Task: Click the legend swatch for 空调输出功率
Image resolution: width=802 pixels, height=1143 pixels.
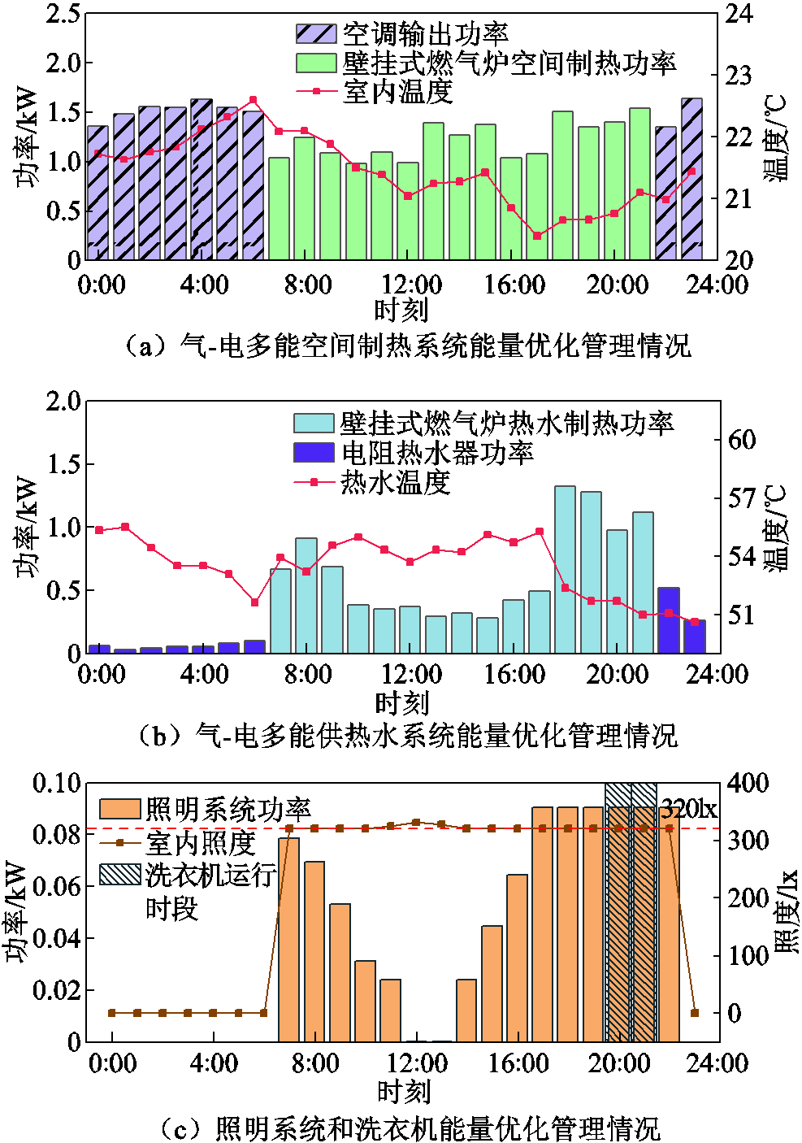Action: tap(315, 33)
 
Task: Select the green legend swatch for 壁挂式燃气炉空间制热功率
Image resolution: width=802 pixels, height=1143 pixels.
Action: tap(315, 63)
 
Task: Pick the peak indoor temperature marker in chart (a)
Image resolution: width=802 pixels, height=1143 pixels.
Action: tap(254, 100)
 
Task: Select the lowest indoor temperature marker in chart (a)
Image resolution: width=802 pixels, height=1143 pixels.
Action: tap(537, 236)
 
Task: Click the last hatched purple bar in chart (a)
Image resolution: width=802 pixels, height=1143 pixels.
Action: tap(691, 179)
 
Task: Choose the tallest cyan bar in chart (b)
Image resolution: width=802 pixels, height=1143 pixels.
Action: tap(565, 569)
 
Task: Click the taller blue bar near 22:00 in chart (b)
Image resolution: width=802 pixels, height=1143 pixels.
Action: tap(669, 619)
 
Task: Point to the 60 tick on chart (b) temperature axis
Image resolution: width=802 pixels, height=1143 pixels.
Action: tap(742, 440)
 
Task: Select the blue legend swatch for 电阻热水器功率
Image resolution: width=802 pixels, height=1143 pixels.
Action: tap(314, 452)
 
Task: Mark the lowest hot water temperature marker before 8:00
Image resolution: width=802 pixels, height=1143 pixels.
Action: tap(255, 602)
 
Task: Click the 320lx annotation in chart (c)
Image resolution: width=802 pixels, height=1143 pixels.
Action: tap(688, 809)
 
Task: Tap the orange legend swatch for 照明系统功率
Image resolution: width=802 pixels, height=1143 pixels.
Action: tap(120, 809)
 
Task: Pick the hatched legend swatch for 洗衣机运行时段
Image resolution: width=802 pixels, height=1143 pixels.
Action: tap(120, 874)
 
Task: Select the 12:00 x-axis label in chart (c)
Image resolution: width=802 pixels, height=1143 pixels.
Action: tap(417, 1063)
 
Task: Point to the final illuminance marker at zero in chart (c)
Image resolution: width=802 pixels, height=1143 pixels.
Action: tap(694, 1013)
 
